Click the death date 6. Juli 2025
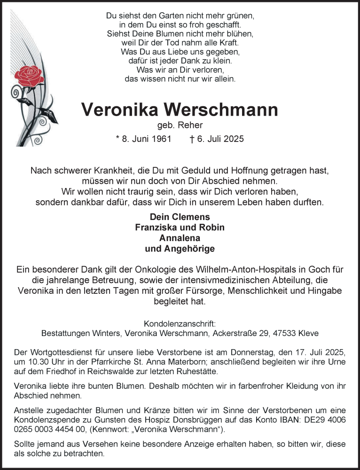(221, 139)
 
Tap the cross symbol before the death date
(191, 139)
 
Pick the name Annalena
(180, 238)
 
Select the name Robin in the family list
(212, 227)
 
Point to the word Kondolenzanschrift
(180, 324)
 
